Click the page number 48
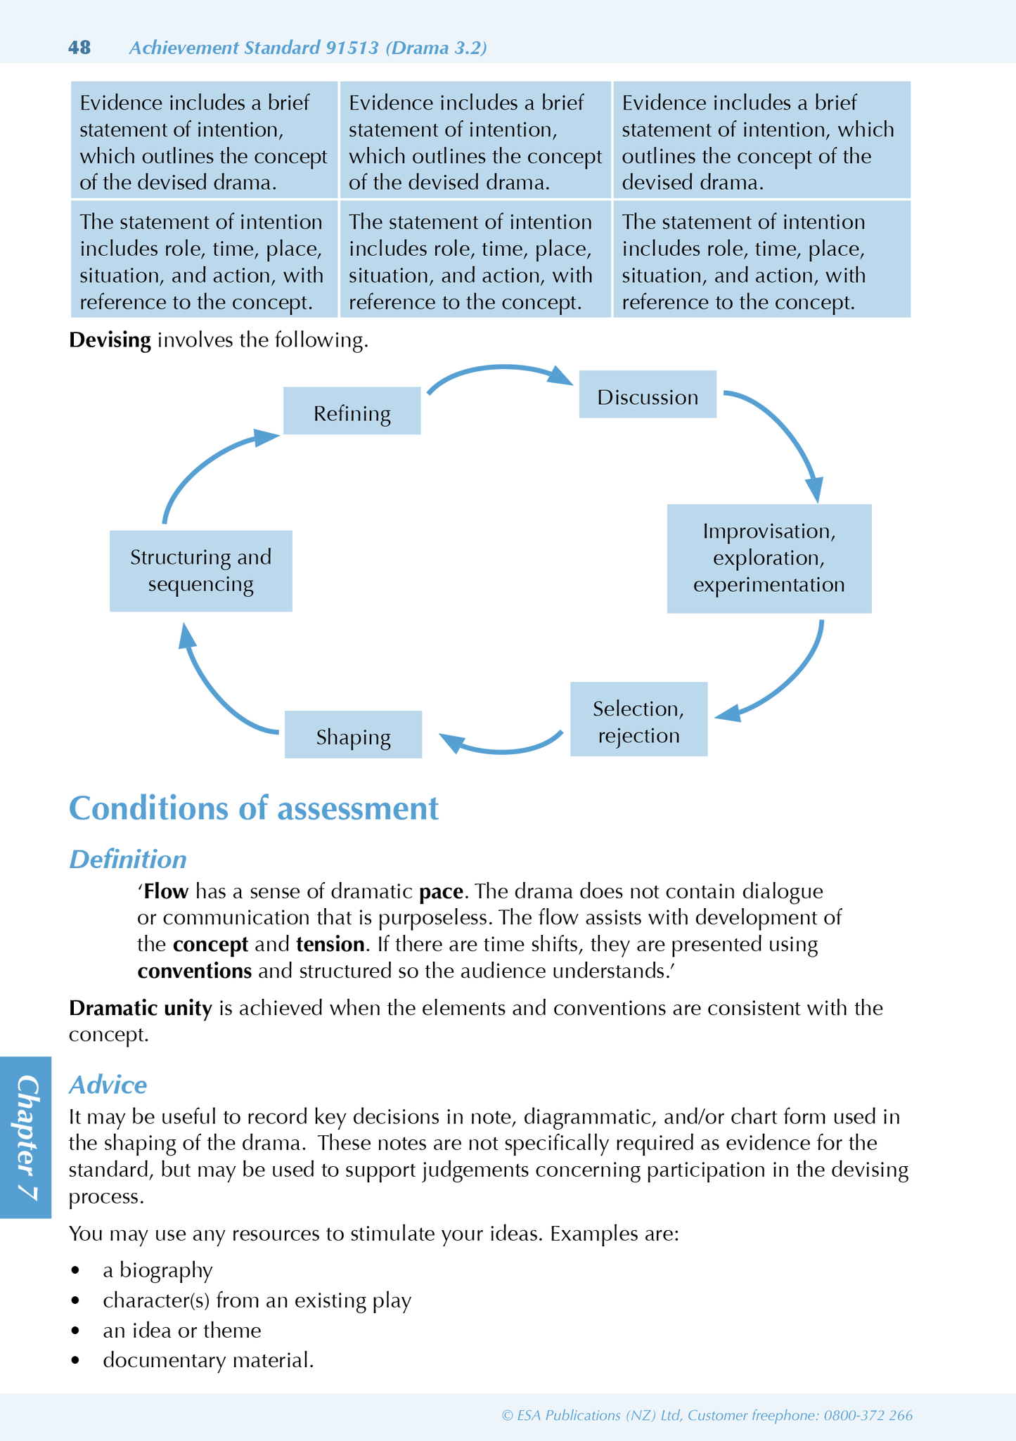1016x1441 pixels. coord(79,48)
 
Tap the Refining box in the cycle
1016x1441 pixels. coord(352,411)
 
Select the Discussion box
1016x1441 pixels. coord(648,395)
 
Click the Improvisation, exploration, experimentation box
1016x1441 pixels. coord(769,558)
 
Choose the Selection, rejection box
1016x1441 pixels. coord(638,720)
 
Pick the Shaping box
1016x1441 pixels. coord(353,735)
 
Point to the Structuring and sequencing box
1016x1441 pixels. coord(200,571)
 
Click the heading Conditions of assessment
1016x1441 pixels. coord(253,808)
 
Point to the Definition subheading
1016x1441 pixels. coord(128,859)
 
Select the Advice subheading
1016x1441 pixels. coord(108,1085)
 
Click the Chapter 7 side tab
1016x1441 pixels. coord(26,1137)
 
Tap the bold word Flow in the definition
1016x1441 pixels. coord(166,891)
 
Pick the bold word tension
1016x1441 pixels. coord(330,944)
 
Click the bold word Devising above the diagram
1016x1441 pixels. coord(110,340)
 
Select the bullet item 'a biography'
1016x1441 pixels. coord(157,1270)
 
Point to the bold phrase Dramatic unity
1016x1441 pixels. coord(141,1008)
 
